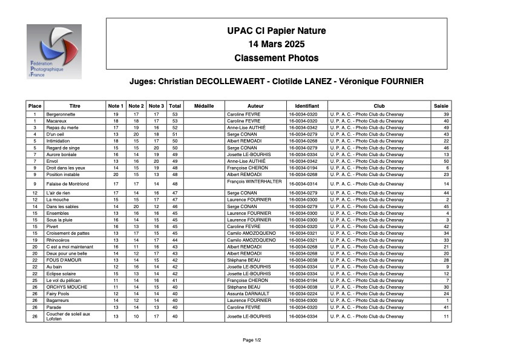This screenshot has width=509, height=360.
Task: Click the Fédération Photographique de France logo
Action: click(x=53, y=51)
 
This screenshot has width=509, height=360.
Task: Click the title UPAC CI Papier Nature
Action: click(x=277, y=31)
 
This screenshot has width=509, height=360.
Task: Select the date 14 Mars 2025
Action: click(x=277, y=44)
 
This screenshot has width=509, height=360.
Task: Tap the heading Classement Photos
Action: click(x=277, y=58)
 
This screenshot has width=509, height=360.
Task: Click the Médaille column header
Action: click(x=204, y=106)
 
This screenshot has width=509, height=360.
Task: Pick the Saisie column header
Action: click(x=441, y=106)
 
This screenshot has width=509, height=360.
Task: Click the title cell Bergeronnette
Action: click(x=61, y=114)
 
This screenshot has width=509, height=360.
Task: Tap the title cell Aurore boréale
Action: click(x=62, y=154)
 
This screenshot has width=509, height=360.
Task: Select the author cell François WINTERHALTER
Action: click(x=254, y=181)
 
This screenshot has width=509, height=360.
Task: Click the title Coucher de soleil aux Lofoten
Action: click(x=68, y=316)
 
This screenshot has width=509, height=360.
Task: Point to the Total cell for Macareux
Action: click(x=175, y=120)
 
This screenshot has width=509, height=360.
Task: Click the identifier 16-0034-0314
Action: click(x=303, y=184)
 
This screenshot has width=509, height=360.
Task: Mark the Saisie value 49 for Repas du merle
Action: click(x=446, y=128)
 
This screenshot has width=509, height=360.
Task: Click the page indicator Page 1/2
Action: click(x=252, y=340)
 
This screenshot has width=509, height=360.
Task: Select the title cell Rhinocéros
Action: click(x=59, y=240)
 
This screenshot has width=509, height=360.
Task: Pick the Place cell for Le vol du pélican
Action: click(x=35, y=280)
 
